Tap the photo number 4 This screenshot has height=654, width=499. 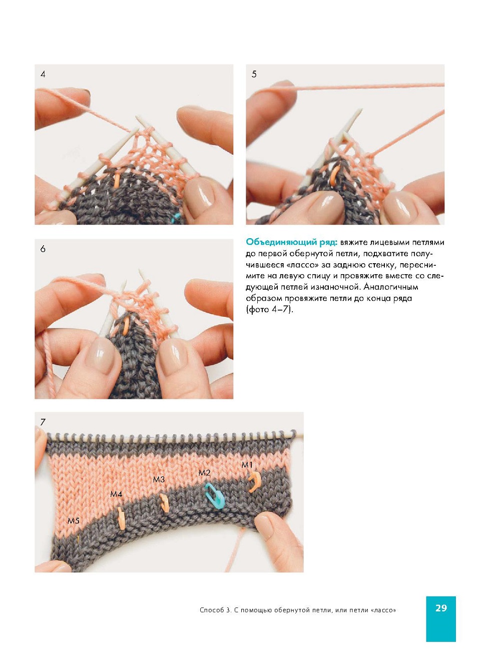(43, 74)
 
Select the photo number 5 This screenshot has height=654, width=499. (254, 74)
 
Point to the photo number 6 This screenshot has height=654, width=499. (43, 249)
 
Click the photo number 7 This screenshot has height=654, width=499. (43, 422)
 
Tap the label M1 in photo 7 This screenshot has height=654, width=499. (247, 465)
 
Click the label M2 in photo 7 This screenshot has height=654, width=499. (204, 472)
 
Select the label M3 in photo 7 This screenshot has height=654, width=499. (159, 479)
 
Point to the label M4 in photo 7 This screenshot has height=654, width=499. (116, 494)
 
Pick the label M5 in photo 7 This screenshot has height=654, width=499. (74, 520)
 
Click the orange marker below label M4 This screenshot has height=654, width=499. (121, 518)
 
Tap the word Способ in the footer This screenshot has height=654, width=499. (212, 610)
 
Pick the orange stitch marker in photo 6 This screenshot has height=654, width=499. (126, 325)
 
